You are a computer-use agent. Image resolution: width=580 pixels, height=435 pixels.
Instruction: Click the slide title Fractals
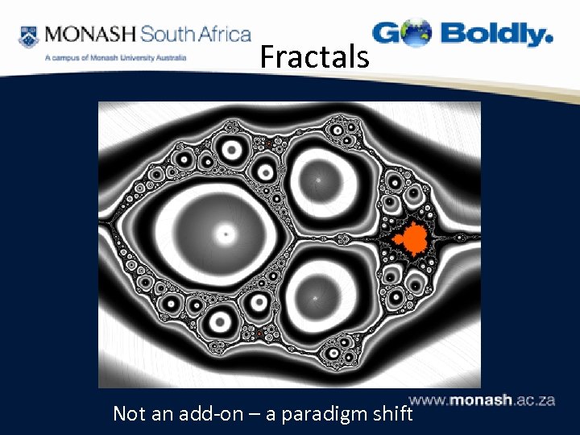tap(314, 57)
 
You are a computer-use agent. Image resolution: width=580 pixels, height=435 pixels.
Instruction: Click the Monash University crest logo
tap(28, 35)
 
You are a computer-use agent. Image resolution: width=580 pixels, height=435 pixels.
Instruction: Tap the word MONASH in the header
tap(91, 35)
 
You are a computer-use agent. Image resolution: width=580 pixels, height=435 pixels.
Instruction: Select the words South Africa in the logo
tap(195, 35)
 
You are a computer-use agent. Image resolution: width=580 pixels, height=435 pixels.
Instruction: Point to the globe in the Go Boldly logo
tap(417, 34)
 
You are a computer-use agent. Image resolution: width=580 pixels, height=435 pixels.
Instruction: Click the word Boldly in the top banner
tap(497, 34)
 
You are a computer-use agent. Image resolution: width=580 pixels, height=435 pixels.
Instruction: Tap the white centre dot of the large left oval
tap(226, 234)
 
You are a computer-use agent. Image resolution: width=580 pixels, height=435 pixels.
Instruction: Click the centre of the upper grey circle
tap(320, 172)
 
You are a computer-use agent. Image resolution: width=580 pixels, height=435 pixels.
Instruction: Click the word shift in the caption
tap(391, 414)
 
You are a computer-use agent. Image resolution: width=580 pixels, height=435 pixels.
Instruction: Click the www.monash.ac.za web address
tap(482, 400)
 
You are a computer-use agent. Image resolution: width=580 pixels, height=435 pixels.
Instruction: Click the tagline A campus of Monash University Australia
tap(116, 58)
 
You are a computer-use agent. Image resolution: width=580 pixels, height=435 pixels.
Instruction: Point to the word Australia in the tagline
tap(171, 58)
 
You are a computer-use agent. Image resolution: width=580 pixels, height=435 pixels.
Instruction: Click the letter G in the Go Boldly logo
tap(387, 34)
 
